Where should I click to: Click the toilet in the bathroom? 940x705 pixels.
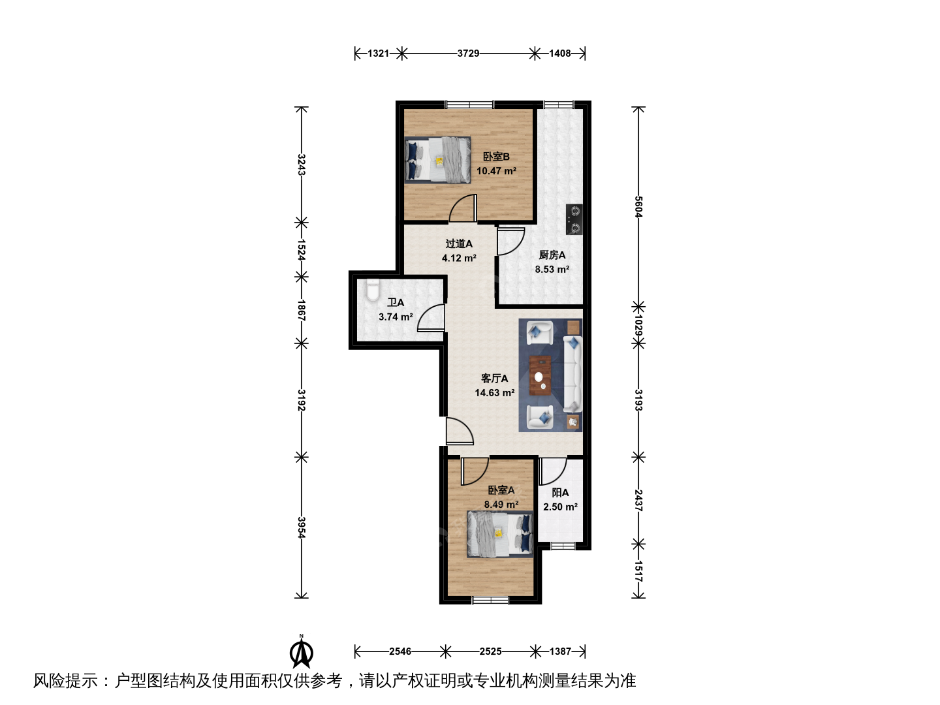tap(373, 290)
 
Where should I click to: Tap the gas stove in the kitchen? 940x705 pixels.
tap(574, 219)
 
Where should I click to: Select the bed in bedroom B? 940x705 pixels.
tap(437, 160)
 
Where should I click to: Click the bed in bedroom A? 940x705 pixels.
tap(500, 534)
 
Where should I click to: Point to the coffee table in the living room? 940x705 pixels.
tap(540, 375)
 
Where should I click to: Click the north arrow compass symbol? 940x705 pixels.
tap(302, 653)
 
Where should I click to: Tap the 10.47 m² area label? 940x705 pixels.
tap(496, 171)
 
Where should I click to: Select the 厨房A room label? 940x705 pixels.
tap(552, 255)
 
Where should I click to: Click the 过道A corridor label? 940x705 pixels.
tap(459, 243)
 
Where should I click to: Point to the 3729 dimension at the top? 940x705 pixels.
tap(468, 54)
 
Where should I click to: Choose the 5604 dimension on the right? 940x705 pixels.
tap(638, 207)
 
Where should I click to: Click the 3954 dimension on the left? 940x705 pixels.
tap(302, 528)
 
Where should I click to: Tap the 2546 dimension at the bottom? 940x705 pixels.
tap(400, 651)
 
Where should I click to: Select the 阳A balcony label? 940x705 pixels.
tap(560, 493)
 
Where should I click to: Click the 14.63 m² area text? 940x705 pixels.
tap(495, 392)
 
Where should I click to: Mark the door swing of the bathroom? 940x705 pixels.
tap(431, 318)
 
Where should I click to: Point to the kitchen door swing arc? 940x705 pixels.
tap(510, 242)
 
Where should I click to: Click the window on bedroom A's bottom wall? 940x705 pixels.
tap(490, 600)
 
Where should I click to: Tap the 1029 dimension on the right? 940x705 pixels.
tap(638, 325)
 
